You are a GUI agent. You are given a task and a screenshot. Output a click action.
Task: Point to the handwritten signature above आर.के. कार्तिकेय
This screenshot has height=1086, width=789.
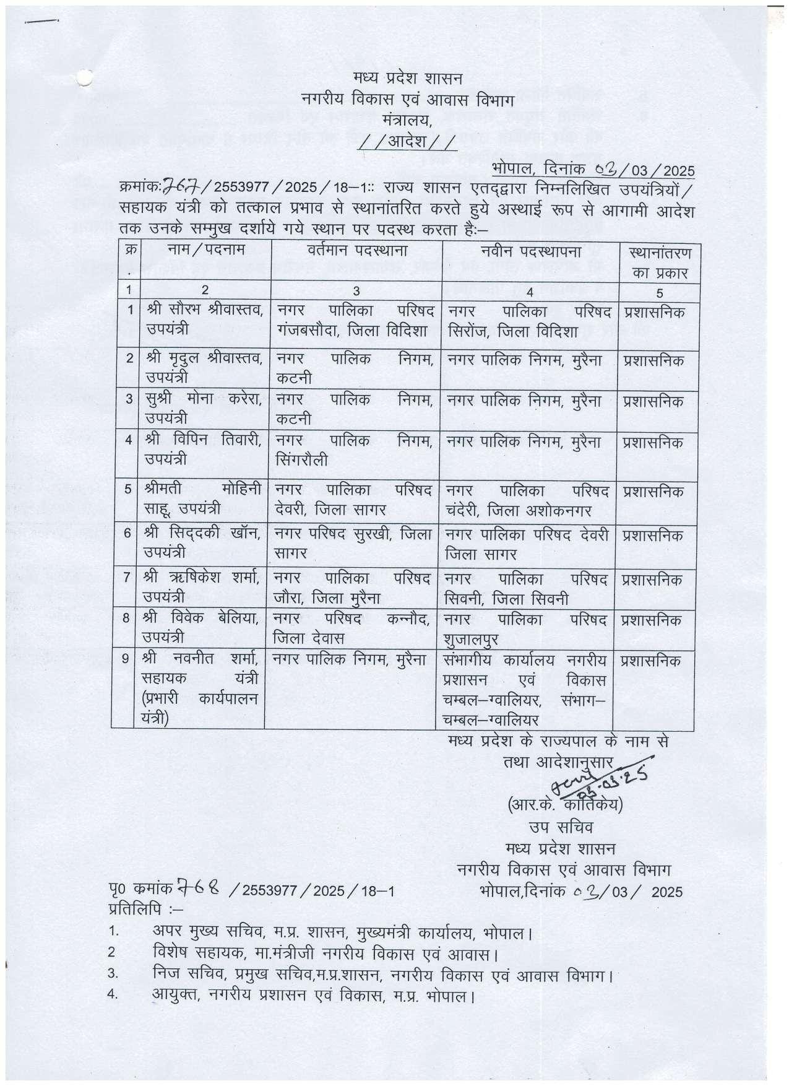tap(609, 774)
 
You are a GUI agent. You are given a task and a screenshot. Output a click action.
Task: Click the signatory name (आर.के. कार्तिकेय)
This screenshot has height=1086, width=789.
tap(564, 806)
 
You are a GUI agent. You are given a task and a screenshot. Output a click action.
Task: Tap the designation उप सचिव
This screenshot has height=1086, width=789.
tap(560, 827)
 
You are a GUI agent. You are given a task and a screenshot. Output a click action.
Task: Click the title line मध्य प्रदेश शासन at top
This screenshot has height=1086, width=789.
tap(407, 80)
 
